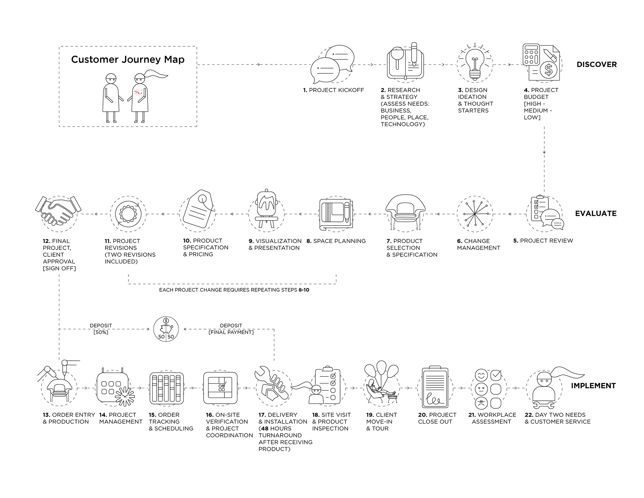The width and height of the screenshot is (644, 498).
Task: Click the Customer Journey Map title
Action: [128, 59]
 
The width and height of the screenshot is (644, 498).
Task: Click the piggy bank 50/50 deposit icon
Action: [166, 329]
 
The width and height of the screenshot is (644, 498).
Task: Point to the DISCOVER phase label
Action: [596, 64]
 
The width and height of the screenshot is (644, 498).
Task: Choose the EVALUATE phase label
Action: [596, 213]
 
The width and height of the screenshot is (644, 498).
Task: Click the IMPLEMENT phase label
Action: [593, 386]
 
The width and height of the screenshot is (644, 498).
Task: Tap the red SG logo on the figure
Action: [138, 92]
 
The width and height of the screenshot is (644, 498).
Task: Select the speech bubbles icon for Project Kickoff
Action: [332, 64]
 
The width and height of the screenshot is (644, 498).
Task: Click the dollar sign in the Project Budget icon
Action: [548, 70]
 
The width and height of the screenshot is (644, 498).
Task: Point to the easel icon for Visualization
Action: [266, 208]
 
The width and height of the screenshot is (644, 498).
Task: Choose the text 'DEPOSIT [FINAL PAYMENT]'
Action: [231, 329]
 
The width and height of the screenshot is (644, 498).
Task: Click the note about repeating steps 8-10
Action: [234, 290]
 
